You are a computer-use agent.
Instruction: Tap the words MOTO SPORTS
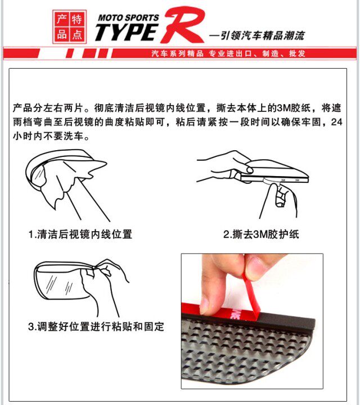click(128, 17)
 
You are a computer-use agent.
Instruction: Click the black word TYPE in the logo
click(127, 32)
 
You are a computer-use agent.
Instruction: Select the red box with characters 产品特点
click(70, 26)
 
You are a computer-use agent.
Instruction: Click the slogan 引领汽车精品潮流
click(263, 35)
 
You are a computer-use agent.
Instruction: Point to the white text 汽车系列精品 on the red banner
click(177, 53)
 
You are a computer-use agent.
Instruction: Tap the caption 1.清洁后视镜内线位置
click(80, 234)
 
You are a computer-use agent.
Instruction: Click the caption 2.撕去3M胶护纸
click(261, 234)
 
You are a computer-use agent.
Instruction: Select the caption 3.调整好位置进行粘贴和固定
click(96, 326)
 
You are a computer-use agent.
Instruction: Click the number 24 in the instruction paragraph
click(336, 122)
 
